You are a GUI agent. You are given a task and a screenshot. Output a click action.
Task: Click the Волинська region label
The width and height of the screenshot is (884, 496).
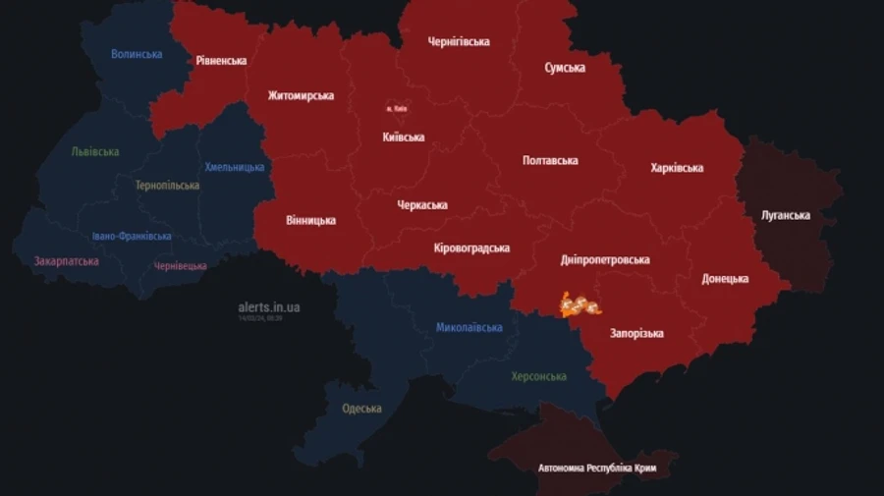(137, 54)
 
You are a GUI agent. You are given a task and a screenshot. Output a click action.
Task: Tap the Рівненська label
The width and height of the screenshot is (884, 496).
(221, 60)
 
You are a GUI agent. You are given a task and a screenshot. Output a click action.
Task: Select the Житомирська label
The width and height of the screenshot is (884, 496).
(301, 95)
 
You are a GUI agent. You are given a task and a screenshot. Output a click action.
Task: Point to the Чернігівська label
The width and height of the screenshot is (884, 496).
(459, 41)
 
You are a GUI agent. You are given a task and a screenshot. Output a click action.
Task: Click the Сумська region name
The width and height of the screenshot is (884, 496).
(565, 68)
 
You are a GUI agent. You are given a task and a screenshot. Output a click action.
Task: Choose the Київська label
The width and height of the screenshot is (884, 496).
(404, 137)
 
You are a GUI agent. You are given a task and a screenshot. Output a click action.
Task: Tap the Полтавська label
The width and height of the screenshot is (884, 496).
(550, 160)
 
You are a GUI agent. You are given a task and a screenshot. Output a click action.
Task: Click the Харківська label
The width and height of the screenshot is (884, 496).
(677, 168)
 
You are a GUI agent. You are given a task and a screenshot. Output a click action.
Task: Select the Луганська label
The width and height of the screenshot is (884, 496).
(786, 215)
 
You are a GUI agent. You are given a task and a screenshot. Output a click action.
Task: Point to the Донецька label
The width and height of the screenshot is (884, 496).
(725, 279)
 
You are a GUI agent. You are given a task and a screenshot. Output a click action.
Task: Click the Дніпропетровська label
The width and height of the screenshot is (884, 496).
(605, 260)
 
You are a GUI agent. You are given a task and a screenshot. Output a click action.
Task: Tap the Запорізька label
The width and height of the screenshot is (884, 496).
(636, 333)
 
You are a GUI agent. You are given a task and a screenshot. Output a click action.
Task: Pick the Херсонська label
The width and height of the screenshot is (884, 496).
(538, 376)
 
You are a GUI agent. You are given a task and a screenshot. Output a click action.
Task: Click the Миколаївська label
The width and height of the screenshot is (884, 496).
(470, 327)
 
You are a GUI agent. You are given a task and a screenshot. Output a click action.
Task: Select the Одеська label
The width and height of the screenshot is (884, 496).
(361, 409)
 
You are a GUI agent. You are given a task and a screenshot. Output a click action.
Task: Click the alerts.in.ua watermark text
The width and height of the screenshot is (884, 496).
(269, 307)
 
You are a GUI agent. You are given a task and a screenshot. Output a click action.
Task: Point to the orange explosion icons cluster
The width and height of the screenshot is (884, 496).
(580, 305)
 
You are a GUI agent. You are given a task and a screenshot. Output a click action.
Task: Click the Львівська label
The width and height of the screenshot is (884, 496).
(95, 151)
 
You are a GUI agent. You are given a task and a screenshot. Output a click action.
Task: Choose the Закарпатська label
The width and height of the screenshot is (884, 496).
(66, 262)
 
